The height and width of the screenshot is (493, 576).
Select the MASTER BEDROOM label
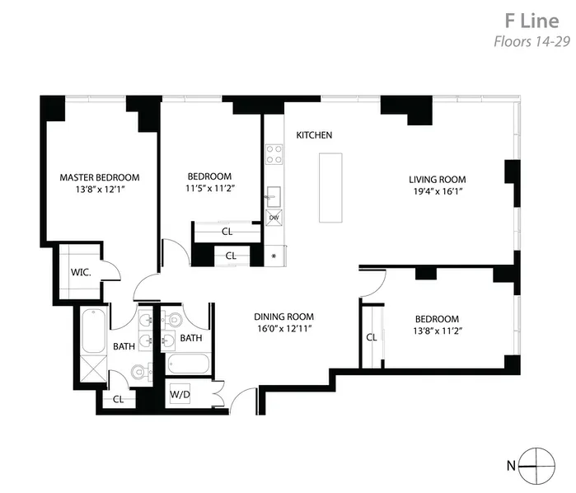coord(99,177)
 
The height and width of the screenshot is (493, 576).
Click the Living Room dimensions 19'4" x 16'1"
coord(438,191)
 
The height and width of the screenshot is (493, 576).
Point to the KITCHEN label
coord(314,135)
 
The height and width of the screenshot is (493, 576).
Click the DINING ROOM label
coord(283,317)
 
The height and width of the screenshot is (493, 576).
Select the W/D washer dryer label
coord(180,393)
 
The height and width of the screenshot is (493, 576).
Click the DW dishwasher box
coord(274,218)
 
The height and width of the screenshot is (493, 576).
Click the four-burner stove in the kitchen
coord(274,154)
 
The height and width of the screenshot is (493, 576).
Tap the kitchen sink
coord(273,195)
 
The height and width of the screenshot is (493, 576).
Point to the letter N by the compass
coord(511,466)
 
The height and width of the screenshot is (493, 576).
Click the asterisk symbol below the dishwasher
coord(274,256)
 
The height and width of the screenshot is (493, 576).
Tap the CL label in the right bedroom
coord(372,336)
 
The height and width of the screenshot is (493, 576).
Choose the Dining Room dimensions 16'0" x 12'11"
coord(283,329)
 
